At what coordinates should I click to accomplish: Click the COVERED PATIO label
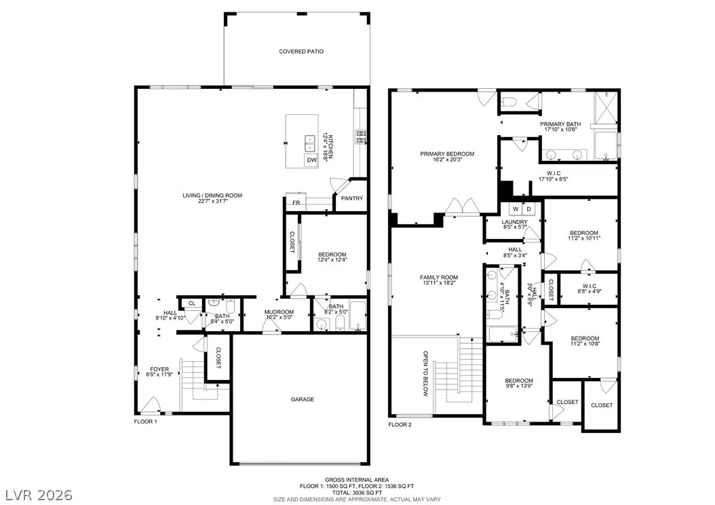(x=301, y=52)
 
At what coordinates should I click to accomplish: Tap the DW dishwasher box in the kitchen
(x=311, y=160)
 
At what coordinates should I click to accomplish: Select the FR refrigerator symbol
(x=296, y=202)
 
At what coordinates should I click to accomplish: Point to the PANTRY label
(x=352, y=198)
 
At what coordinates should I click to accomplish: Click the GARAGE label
(x=303, y=399)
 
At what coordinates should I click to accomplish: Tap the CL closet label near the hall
(x=192, y=303)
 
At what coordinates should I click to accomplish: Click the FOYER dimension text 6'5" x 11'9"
(x=159, y=375)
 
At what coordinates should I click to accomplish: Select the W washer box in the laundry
(x=516, y=209)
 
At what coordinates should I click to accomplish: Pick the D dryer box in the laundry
(x=529, y=209)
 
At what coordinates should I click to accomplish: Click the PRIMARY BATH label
(x=560, y=124)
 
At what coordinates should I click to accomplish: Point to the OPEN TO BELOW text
(x=425, y=373)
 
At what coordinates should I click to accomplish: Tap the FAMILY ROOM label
(x=439, y=278)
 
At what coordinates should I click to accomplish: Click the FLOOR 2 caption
(x=400, y=425)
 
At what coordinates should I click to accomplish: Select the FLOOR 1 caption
(x=145, y=422)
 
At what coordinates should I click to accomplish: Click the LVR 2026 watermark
(x=39, y=495)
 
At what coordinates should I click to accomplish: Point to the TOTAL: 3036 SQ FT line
(x=357, y=493)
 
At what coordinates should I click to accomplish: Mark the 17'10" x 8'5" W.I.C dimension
(x=553, y=179)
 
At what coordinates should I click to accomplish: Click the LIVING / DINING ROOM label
(x=212, y=195)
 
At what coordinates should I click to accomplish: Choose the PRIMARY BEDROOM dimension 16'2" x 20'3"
(x=447, y=160)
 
